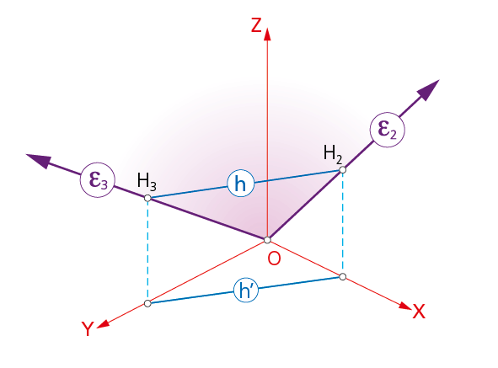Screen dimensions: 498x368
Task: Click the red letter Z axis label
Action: coord(256,25)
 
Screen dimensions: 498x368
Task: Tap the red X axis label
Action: coord(419,311)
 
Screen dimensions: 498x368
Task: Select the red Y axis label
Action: coord(88,328)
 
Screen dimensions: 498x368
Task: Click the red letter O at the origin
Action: coord(274,259)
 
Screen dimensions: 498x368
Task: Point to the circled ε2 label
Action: coord(387,130)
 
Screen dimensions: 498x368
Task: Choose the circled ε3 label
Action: coord(97,180)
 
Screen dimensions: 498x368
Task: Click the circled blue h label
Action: coord(241,184)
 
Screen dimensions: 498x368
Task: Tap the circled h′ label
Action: coord(246,290)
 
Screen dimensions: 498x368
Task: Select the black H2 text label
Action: coord(333,154)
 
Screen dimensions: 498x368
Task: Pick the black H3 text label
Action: coord(147,182)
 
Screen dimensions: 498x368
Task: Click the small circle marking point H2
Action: coord(342,170)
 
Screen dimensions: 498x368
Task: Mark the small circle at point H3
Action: coord(147,198)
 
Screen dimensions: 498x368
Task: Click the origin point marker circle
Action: coord(267,240)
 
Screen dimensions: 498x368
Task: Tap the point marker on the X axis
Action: coord(342,276)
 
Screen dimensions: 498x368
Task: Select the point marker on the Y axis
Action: coord(147,303)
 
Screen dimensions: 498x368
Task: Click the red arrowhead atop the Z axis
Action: coord(267,35)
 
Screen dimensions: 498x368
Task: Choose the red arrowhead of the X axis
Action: coord(405,306)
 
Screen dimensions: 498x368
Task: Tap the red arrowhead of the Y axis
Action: coord(103,324)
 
